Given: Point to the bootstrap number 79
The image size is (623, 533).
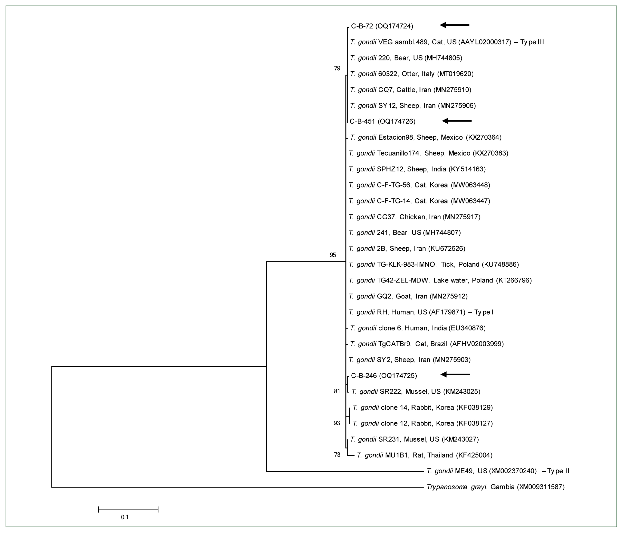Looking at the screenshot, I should pos(337,69).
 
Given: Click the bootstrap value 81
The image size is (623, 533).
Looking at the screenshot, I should pos(337,391).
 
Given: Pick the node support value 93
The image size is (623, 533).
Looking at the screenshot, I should pos(337,423).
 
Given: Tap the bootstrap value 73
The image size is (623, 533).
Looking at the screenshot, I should pos(337,455).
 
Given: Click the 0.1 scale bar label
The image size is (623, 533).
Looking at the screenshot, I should pos(125,517).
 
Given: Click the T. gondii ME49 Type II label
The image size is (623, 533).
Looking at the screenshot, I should pos(498,471).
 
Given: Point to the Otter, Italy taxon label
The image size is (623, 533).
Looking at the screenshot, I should pos(412,74).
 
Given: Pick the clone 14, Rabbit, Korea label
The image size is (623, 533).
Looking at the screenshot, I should pos(423,408).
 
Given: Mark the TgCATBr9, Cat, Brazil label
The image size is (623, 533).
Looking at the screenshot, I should pos(426,344).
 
